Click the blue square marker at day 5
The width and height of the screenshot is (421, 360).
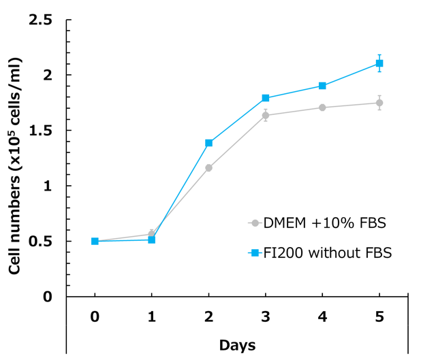(379, 63)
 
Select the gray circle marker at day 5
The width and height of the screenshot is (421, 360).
(379, 103)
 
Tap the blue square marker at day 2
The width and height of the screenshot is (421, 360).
(208, 143)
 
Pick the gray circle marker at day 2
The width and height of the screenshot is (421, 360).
(208, 167)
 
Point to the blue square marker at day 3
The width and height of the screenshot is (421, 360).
(266, 98)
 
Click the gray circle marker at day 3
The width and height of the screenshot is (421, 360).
(266, 115)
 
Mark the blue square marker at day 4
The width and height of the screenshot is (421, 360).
(322, 86)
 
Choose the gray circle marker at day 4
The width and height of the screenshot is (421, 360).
(322, 108)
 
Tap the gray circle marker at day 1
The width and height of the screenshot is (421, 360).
(152, 234)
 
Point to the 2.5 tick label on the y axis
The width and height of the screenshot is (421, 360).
(40, 20)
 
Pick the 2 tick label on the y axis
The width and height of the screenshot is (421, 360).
(48, 75)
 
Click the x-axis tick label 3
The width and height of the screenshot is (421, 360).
(266, 316)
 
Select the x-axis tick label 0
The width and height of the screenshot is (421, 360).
(95, 316)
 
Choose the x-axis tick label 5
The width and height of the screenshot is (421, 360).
(379, 316)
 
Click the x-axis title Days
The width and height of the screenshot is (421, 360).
(237, 346)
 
